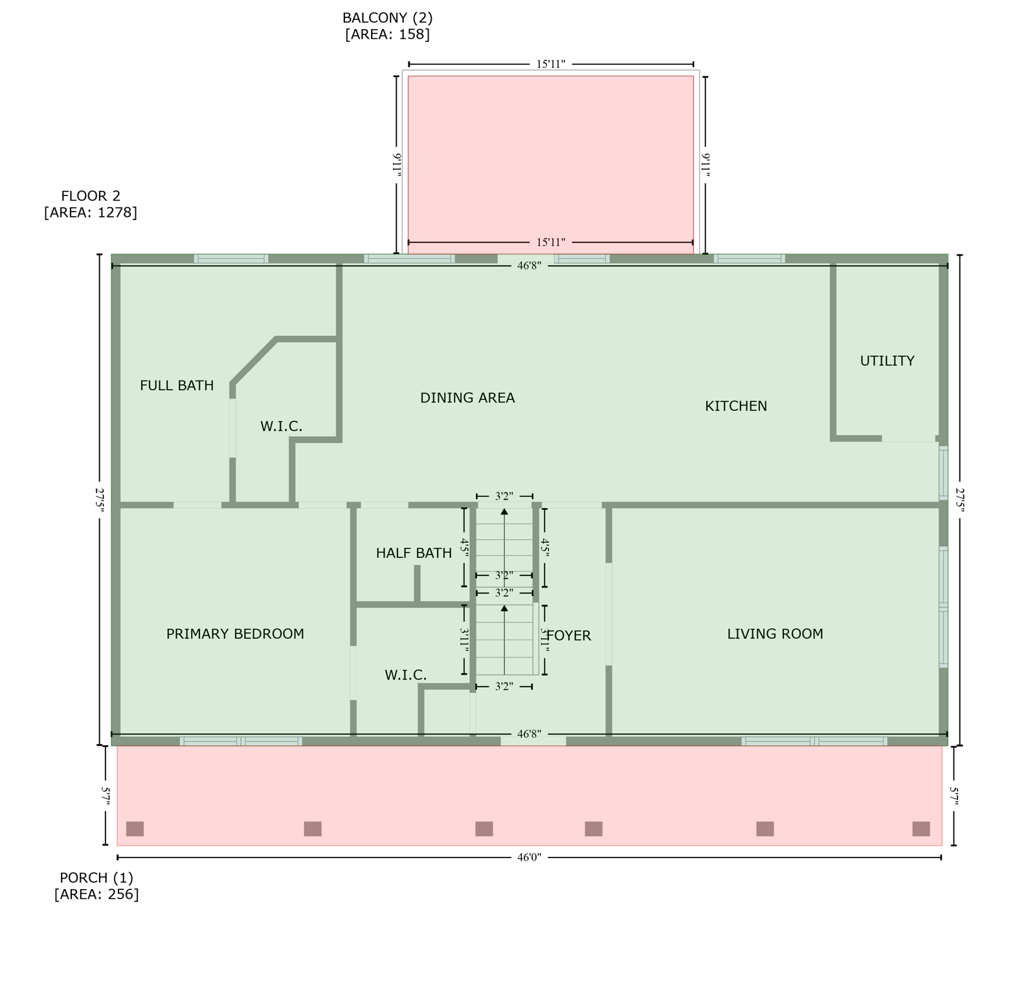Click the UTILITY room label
tap(887, 361)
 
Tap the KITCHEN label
tap(735, 406)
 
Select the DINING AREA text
tap(467, 398)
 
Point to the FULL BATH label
tap(177, 386)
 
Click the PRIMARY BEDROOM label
tap(235, 634)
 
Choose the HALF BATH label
tap(414, 553)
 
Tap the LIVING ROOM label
tap(775, 634)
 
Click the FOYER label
tap(570, 636)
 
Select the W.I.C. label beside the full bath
tap(281, 426)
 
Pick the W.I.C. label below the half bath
tap(405, 676)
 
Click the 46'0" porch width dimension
tap(529, 857)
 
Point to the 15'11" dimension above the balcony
tap(550, 64)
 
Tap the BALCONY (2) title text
tap(387, 18)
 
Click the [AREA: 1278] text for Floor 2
tap(91, 212)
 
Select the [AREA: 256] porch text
tap(96, 894)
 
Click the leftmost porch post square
tap(135, 829)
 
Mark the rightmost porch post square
tap(921, 829)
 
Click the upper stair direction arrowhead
tap(504, 512)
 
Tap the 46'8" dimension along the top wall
tap(529, 265)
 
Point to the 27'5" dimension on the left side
tap(100, 500)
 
